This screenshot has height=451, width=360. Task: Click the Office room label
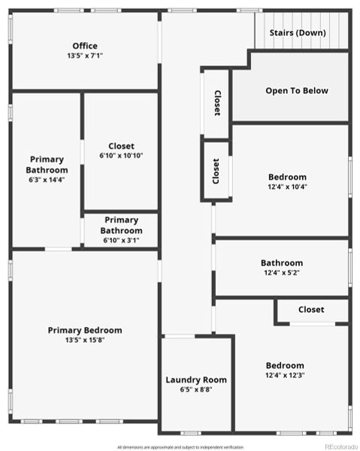[85, 46]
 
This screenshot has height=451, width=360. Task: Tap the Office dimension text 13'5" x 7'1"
[85, 56]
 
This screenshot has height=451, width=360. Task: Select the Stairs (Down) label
[299, 33]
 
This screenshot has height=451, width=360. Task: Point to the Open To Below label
[297, 91]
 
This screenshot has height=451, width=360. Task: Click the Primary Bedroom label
[85, 330]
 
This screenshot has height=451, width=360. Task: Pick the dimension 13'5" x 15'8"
[85, 340]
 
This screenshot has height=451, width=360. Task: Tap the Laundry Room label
[196, 380]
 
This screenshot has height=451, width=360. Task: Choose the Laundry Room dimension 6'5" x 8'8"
[196, 389]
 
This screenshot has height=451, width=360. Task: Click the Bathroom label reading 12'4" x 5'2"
[282, 263]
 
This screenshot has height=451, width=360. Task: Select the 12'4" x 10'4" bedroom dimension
[287, 187]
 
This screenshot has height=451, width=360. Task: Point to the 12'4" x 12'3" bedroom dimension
[285, 375]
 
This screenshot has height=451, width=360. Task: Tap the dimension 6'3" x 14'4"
[47, 180]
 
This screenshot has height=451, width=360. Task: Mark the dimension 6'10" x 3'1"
[121, 241]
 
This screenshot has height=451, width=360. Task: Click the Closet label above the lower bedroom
[311, 310]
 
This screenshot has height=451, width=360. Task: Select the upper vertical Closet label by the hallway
[217, 103]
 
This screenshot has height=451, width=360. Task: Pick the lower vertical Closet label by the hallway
[216, 171]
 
